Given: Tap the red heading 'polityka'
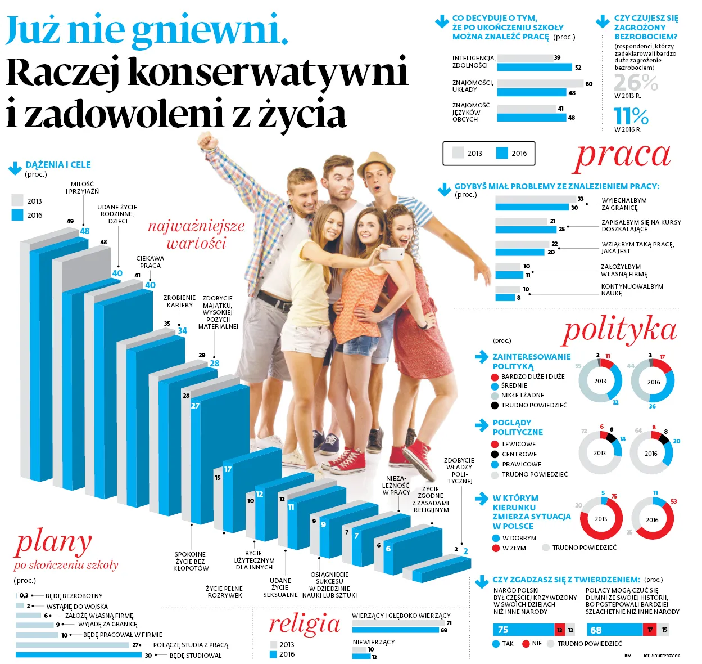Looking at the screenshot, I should click(619, 330).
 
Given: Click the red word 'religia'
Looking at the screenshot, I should click(305, 624).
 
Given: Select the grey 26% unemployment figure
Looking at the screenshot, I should click(635, 83).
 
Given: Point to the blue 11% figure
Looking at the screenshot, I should click(631, 116).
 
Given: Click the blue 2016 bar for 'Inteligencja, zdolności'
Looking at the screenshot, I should click(535, 68).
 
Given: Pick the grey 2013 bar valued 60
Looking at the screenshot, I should click(540, 84).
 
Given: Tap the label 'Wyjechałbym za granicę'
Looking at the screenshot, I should click(624, 204).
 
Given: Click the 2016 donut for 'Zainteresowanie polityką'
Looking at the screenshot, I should click(653, 382).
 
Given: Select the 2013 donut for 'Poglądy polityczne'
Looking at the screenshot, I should click(600, 452).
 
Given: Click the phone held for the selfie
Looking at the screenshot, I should click(391, 254).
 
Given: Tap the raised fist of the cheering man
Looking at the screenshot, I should click(206, 140).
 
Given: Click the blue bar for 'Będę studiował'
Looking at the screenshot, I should click(79, 655).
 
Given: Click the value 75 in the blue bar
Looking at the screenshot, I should click(503, 630).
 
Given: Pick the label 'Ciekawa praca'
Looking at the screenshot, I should click(150, 262).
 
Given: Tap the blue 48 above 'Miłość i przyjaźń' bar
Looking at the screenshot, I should click(85, 231).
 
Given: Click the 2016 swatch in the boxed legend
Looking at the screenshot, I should click(502, 153).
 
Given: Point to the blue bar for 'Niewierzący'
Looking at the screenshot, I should click(361, 657).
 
